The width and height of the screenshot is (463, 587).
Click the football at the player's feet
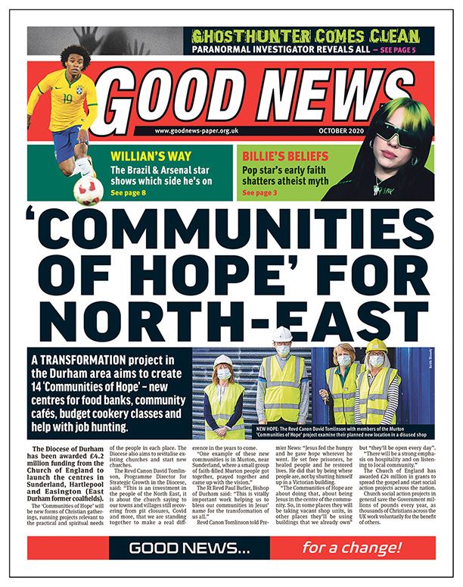tap(88, 190)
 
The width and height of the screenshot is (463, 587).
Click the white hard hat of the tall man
tap(282, 334)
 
